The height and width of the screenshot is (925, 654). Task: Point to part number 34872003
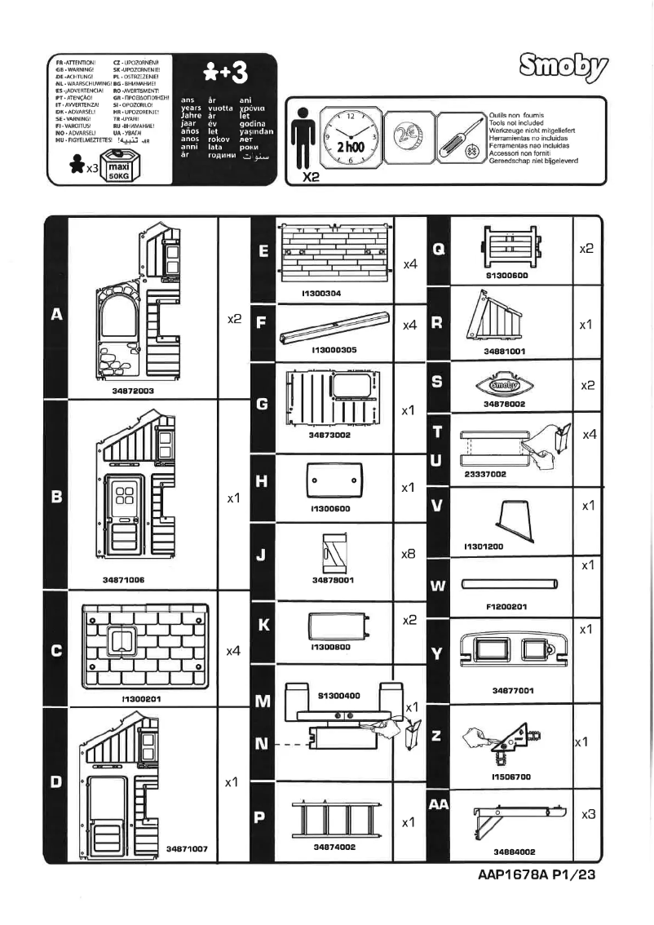click(x=134, y=391)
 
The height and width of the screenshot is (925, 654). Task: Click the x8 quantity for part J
click(x=410, y=553)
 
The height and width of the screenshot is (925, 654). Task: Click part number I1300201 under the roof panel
click(x=134, y=698)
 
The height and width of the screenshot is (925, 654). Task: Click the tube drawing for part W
click(x=510, y=583)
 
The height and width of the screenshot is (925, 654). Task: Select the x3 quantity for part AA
click(x=587, y=815)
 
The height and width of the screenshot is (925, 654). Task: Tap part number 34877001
click(x=513, y=690)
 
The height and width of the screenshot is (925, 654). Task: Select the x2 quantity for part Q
click(x=586, y=248)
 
